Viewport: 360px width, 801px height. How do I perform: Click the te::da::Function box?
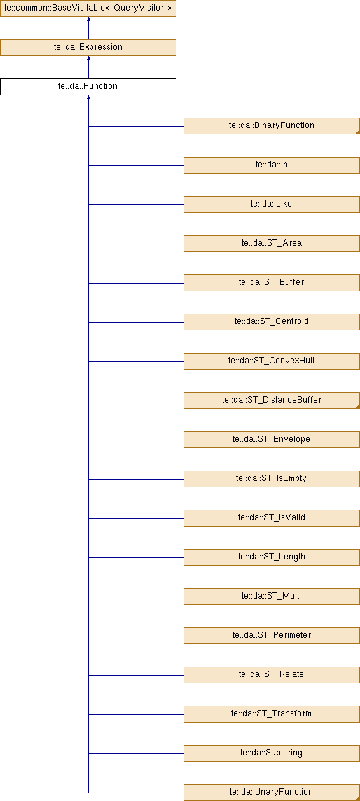[x=88, y=86]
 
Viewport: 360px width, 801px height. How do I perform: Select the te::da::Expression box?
[x=88, y=47]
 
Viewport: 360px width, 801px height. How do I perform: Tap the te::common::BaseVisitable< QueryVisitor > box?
[x=88, y=8]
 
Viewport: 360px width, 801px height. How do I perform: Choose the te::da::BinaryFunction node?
[x=272, y=125]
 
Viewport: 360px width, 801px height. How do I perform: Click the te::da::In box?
[x=272, y=165]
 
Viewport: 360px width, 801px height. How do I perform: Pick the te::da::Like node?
[x=272, y=204]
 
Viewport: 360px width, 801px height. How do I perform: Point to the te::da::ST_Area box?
[x=272, y=243]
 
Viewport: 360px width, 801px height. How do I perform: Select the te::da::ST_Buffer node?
[x=272, y=282]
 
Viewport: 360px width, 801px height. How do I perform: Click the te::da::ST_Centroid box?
[x=272, y=322]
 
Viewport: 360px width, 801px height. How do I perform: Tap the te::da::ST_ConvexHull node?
[x=272, y=361]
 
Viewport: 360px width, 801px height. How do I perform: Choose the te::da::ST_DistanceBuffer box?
[x=272, y=400]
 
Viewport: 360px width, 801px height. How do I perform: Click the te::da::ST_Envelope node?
[x=272, y=439]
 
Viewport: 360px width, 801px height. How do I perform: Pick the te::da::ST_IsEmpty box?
[x=272, y=479]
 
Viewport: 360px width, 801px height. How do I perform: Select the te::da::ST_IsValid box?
[x=272, y=518]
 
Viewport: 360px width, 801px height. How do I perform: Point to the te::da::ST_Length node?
[x=272, y=557]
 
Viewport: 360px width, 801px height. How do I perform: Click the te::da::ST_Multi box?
[x=272, y=596]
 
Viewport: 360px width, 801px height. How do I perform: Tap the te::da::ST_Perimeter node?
[x=272, y=636]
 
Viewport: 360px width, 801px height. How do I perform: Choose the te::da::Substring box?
[x=272, y=753]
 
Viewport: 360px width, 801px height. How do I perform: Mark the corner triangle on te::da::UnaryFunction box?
[x=357, y=798]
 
